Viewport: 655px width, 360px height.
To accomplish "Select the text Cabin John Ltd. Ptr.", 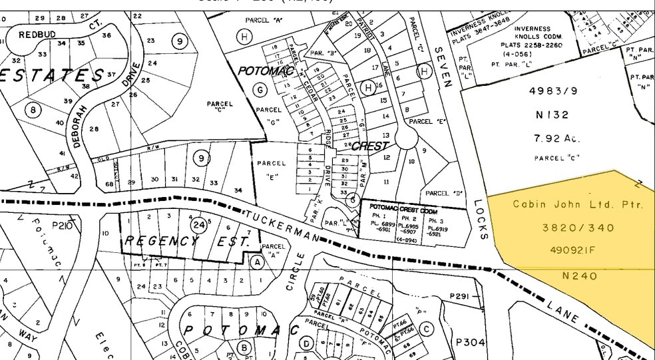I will pos(578,205).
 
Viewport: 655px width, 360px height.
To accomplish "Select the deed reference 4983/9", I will pos(552,91).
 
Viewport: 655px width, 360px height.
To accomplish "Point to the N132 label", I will pos(552,114).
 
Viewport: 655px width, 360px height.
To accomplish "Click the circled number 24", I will pos(198,226).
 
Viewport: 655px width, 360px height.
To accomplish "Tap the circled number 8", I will pos(31,110).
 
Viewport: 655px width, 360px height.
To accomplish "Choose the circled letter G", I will pos(260,89).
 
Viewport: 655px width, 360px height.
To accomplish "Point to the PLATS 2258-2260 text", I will pos(531,45).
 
